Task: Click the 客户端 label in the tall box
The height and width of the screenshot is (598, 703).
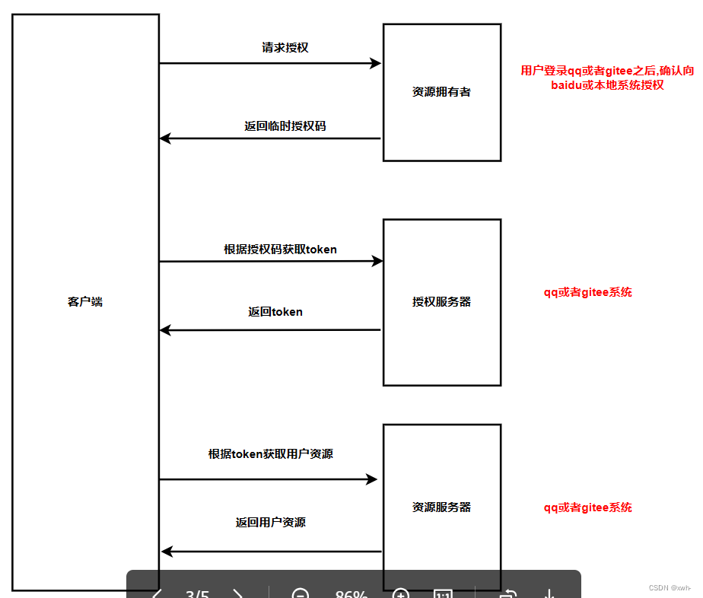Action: [x=85, y=302]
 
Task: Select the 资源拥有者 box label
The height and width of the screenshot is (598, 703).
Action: [x=441, y=92]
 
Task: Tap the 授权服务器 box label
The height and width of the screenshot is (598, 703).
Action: [x=441, y=302]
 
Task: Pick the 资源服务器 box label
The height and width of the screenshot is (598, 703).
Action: [x=441, y=507]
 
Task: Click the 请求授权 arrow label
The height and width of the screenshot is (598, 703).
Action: [x=285, y=47]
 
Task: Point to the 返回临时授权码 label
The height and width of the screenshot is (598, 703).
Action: [x=285, y=126]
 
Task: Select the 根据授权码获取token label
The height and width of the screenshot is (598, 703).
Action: [x=280, y=249]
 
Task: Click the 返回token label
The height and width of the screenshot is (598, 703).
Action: [x=275, y=312]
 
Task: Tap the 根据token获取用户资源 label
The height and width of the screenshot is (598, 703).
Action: [x=271, y=454]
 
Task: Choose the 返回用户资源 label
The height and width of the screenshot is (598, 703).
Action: [x=271, y=523]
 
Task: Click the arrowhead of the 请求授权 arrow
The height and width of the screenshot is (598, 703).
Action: [x=375, y=63]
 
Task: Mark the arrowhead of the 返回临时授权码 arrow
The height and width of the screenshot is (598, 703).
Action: [x=165, y=138]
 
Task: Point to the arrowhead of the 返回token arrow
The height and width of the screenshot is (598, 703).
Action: [x=165, y=330]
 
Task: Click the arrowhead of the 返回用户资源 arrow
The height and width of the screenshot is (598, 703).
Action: [x=167, y=552]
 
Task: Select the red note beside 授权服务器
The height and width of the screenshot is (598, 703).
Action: [x=587, y=292]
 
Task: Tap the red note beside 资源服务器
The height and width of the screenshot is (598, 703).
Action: [x=587, y=507]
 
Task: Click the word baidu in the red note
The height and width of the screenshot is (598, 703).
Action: [x=568, y=85]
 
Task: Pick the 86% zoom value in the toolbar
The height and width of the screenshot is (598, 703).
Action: [x=351, y=593]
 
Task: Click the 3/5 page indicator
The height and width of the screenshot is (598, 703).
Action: [x=197, y=593]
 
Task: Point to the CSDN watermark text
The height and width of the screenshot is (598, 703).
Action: [x=670, y=588]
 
